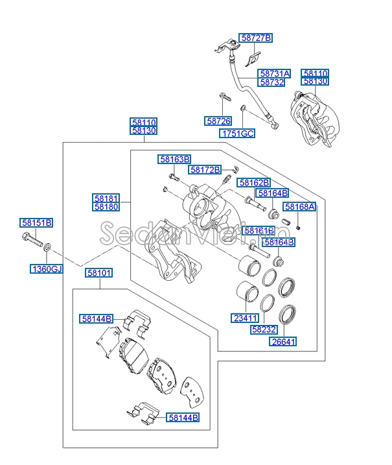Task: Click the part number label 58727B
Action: (256, 38)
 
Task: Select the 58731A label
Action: (274, 74)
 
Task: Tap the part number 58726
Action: (218, 121)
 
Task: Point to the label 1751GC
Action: (237, 134)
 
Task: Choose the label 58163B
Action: (175, 159)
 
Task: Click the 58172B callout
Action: (205, 170)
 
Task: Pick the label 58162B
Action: (253, 183)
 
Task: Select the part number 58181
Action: (106, 198)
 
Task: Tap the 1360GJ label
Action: (47, 268)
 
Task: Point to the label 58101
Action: (98, 274)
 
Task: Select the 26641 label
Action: (283, 342)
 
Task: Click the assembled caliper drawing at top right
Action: (314, 117)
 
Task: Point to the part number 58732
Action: (274, 82)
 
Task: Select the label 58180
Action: (106, 207)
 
